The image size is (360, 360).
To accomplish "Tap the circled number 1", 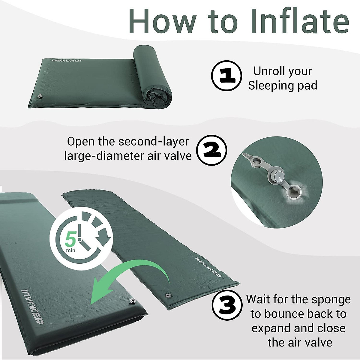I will [226, 75].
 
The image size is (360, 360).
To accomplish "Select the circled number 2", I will [212, 150].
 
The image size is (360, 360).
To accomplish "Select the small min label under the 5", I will [71, 250].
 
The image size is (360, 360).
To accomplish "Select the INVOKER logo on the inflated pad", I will [32, 306].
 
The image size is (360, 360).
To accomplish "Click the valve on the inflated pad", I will [132, 301].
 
